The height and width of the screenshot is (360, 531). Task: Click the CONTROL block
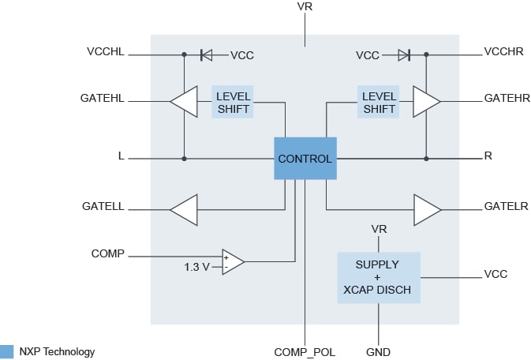(305, 159)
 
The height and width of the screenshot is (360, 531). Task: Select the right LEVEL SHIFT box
(378, 103)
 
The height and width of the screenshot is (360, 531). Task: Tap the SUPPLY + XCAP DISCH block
(378, 277)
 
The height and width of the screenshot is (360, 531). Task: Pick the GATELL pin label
(103, 207)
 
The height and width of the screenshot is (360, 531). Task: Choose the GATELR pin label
(506, 207)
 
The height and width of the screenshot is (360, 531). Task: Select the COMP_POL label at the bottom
(305, 351)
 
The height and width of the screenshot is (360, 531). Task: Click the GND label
(379, 351)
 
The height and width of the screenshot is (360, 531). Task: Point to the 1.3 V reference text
(197, 267)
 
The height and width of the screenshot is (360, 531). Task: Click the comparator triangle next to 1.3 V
(233, 262)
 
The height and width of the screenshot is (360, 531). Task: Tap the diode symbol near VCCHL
(206, 55)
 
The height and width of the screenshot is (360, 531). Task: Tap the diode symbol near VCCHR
(403, 55)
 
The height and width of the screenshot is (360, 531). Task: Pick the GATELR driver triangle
(427, 209)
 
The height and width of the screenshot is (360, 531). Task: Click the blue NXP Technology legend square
(7, 351)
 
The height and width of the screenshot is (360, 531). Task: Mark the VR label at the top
(305, 7)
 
